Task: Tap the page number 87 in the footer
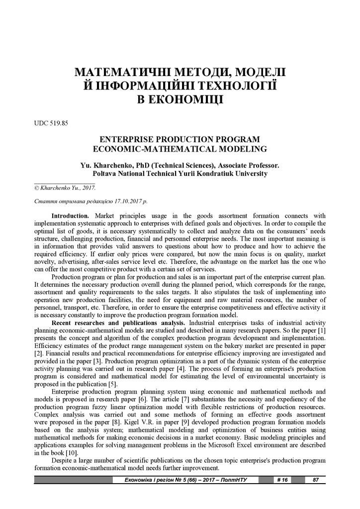tap(315, 480)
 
